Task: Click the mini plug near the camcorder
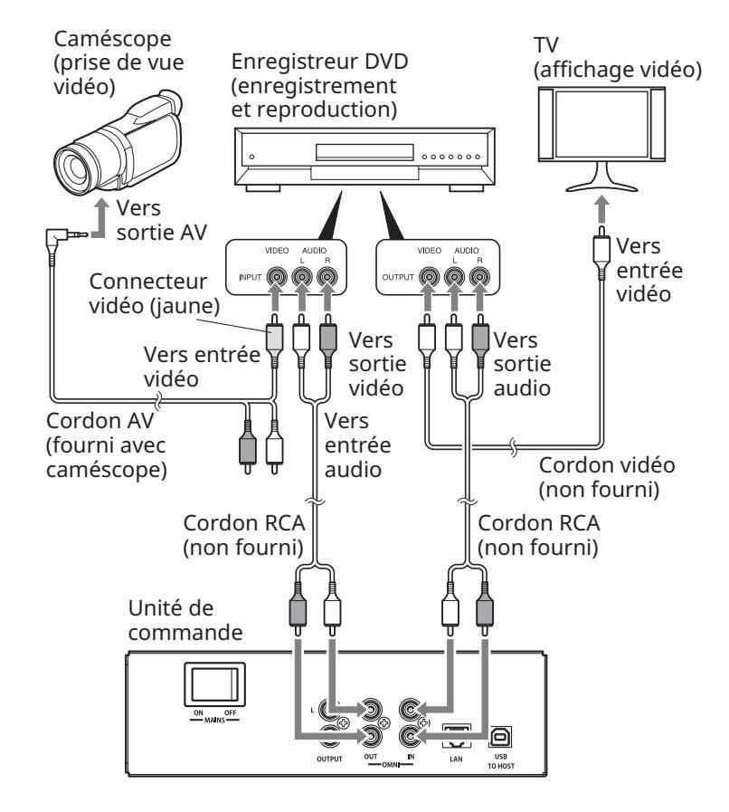click(60, 236)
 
